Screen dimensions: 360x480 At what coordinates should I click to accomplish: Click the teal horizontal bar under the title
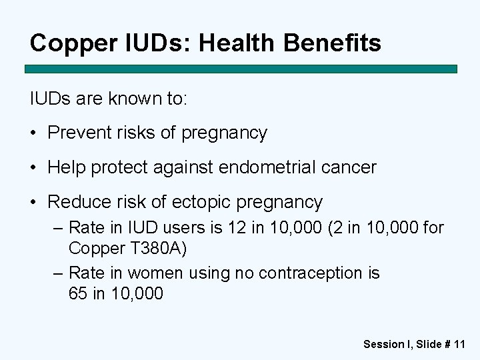(241, 69)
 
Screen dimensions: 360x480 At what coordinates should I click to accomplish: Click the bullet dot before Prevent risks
(35, 133)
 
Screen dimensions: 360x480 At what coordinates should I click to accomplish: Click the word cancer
(348, 167)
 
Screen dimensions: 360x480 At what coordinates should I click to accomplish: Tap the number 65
(77, 293)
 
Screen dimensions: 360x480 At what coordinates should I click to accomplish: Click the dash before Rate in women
(57, 273)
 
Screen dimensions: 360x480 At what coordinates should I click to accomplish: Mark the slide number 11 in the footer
(459, 344)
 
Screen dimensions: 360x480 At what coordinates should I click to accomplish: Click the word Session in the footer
(384, 344)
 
